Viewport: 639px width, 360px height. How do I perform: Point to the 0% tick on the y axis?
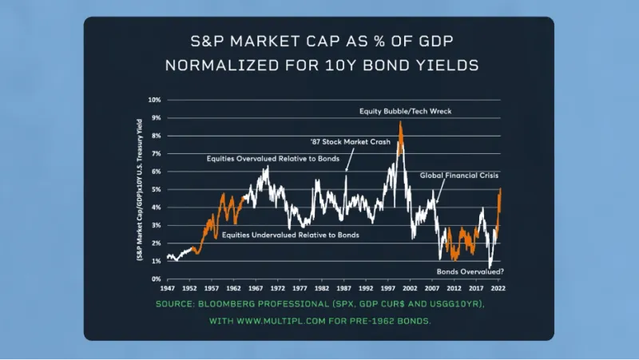click(157, 279)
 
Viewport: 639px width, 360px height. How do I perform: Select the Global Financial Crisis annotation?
click(459, 174)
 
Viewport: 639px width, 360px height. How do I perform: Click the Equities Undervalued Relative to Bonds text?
click(291, 235)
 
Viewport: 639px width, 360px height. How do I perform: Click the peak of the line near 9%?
click(400, 121)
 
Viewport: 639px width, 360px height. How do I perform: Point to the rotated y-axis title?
click(141, 190)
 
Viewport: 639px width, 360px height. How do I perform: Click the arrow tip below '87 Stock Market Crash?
click(346, 172)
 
